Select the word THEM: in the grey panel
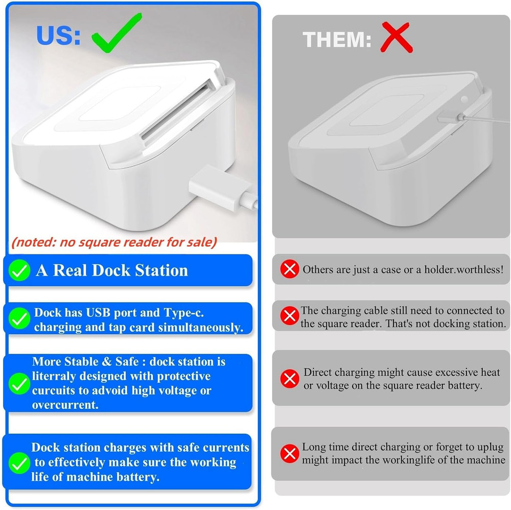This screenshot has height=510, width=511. pos(337,39)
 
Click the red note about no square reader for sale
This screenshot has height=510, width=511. pos(113,242)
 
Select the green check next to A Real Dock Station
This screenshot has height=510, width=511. pos(20,271)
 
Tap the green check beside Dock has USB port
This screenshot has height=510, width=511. pos(20,319)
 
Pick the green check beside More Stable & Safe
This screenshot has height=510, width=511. pos(20,383)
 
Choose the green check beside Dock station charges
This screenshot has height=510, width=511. pos(20,463)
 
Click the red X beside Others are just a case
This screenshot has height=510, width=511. pos(290,269)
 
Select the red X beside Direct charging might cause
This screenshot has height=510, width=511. pos(290,379)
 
